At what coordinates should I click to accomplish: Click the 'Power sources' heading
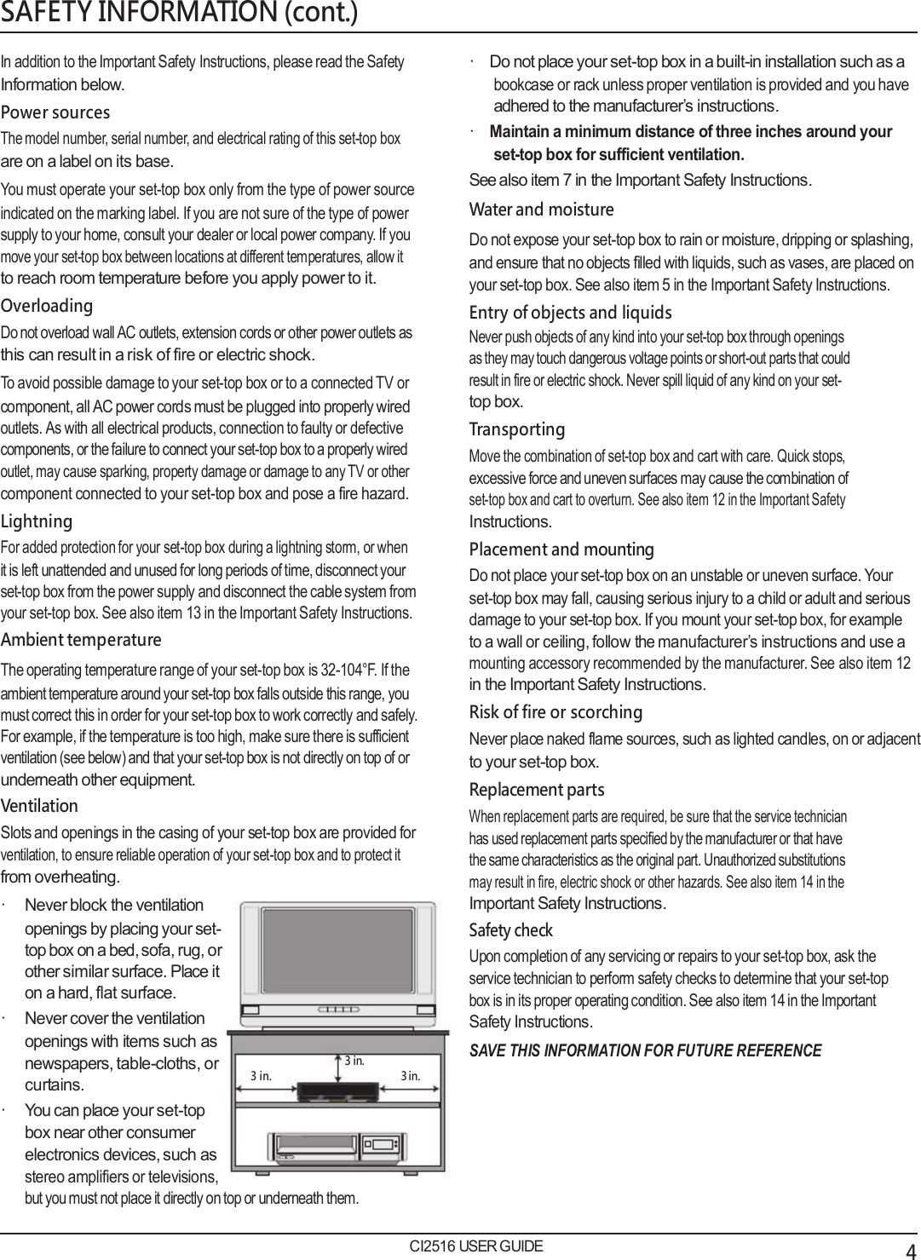coord(55,112)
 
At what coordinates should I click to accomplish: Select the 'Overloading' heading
coord(47,306)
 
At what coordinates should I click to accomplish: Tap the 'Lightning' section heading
coord(37,521)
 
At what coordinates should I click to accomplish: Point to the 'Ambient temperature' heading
coord(81,640)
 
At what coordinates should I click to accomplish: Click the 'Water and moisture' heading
coord(541,210)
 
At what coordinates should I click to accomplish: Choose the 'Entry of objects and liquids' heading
coord(570,313)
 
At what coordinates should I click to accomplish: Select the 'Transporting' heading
coord(517,429)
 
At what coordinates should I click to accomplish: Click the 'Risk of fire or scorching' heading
coord(555,712)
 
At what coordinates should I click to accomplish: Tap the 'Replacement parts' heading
coord(537,790)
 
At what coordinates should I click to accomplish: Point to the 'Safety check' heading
coord(510,930)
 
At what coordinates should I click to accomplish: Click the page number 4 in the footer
coord(911,1249)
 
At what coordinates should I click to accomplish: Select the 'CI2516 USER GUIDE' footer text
coord(475,1246)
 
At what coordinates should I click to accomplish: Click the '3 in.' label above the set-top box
coord(354,1062)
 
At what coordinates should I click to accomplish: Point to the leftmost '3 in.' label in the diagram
coord(261,1076)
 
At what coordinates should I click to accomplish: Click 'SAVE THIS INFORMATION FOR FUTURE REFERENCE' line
coord(645,1050)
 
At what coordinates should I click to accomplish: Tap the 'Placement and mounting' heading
coord(561,549)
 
